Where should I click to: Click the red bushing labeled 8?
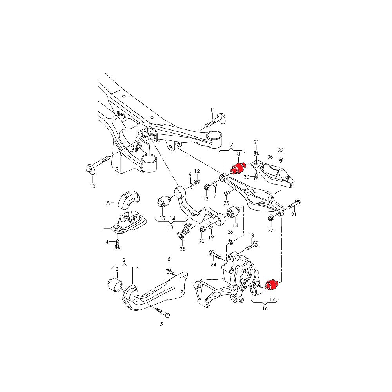pos(238,169)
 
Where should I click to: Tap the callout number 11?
pos(213,110)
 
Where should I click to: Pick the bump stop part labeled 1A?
pos(129,198)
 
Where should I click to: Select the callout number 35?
pos(182,249)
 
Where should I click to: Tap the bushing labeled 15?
pos(163,203)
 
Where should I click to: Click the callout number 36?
pos(270,157)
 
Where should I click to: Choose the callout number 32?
pos(281,150)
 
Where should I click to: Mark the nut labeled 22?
pos(270,218)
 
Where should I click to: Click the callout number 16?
pos(265,309)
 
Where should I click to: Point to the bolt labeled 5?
pos(162,312)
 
